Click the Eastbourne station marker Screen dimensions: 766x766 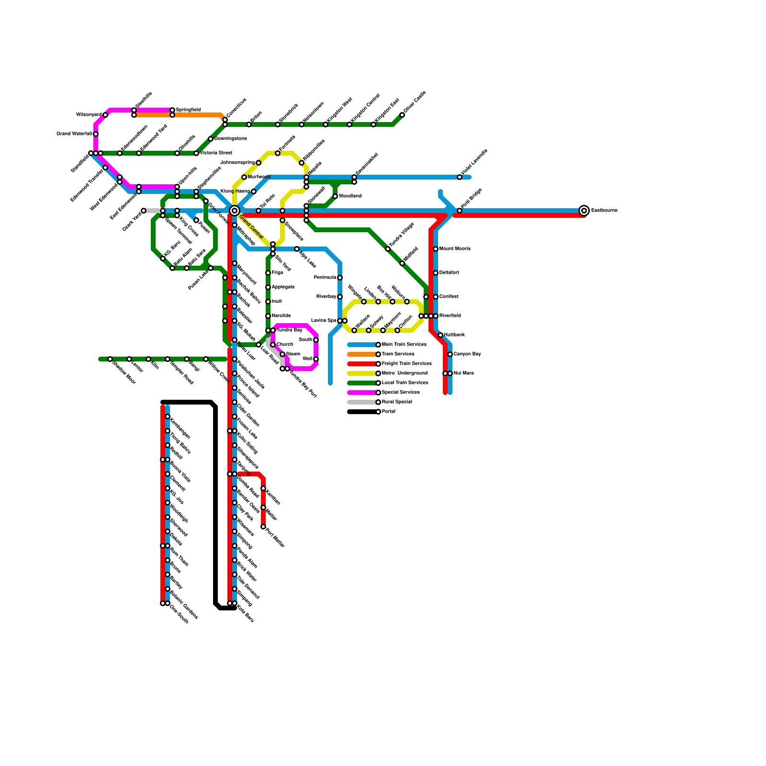tap(584, 211)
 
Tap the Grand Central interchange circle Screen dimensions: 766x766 tap(234, 211)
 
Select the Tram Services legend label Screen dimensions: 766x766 tap(398, 354)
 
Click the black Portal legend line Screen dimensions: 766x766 tap(362, 412)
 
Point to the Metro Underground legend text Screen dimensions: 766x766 tap(405, 373)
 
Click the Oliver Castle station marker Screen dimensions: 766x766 tap(402, 115)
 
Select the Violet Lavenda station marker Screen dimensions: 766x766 tap(460, 177)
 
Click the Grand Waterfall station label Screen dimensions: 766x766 tap(74, 134)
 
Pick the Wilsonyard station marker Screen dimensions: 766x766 tap(105, 115)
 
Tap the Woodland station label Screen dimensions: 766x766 tap(350, 196)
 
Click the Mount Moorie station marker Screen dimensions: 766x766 tap(436, 249)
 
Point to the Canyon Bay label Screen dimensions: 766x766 tap(467, 354)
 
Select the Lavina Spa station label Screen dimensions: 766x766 tap(324, 321)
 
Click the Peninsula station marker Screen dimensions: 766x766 tap(340, 278)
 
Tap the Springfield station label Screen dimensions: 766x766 tap(188, 110)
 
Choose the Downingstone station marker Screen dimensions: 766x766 tap(211, 139)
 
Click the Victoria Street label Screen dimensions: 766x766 tap(216, 153)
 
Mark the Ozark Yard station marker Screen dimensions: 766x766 tap(144, 211)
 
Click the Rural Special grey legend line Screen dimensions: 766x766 tap(362, 402)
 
